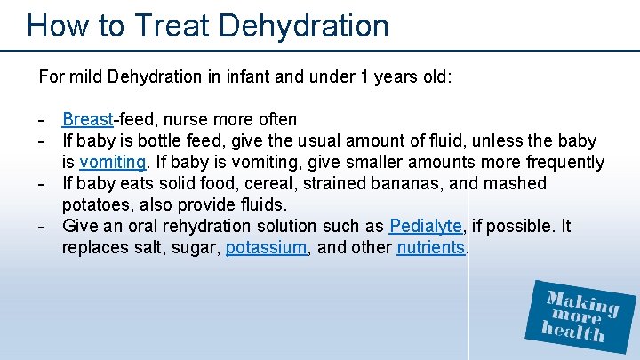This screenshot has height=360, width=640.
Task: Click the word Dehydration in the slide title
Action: coord(303,26)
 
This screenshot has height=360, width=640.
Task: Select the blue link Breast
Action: coord(87,119)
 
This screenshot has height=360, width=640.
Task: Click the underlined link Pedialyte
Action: coord(426,226)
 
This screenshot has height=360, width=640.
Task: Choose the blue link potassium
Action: coord(266,247)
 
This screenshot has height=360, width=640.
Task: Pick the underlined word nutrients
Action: coord(431,247)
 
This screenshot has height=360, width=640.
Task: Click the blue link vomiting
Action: coord(113,162)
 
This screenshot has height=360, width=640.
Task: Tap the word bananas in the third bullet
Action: coord(376,183)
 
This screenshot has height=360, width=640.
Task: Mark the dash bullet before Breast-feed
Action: coord(41,119)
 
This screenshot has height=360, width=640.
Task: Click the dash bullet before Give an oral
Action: coord(41,226)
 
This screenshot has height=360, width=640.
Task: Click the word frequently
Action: coord(560,162)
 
